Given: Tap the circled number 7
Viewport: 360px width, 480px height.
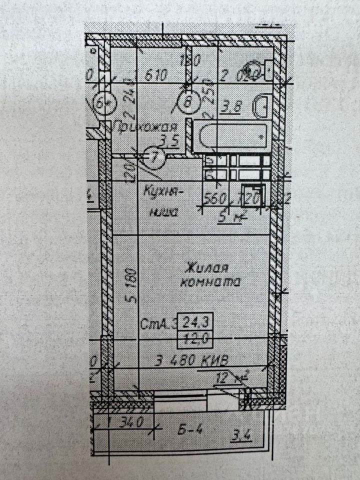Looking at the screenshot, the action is click(155, 157).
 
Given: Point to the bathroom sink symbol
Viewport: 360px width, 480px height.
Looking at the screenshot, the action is click(261, 106).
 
